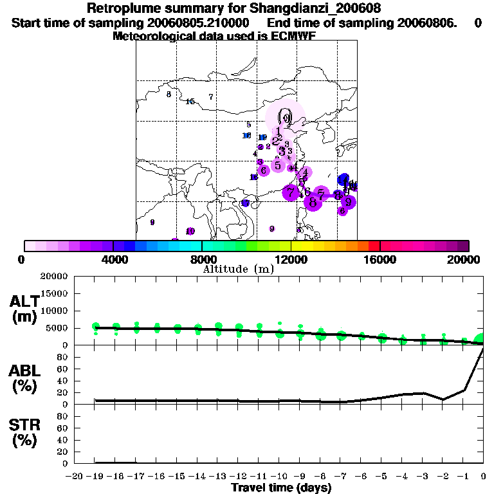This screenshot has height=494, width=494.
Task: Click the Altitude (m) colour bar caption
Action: pyautogui.click(x=238, y=270)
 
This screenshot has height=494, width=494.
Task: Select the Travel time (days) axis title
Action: pyautogui.click(x=281, y=488)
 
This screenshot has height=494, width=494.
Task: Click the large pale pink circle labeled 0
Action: pyautogui.click(x=285, y=118)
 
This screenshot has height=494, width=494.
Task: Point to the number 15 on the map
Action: pyautogui.click(x=190, y=102)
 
